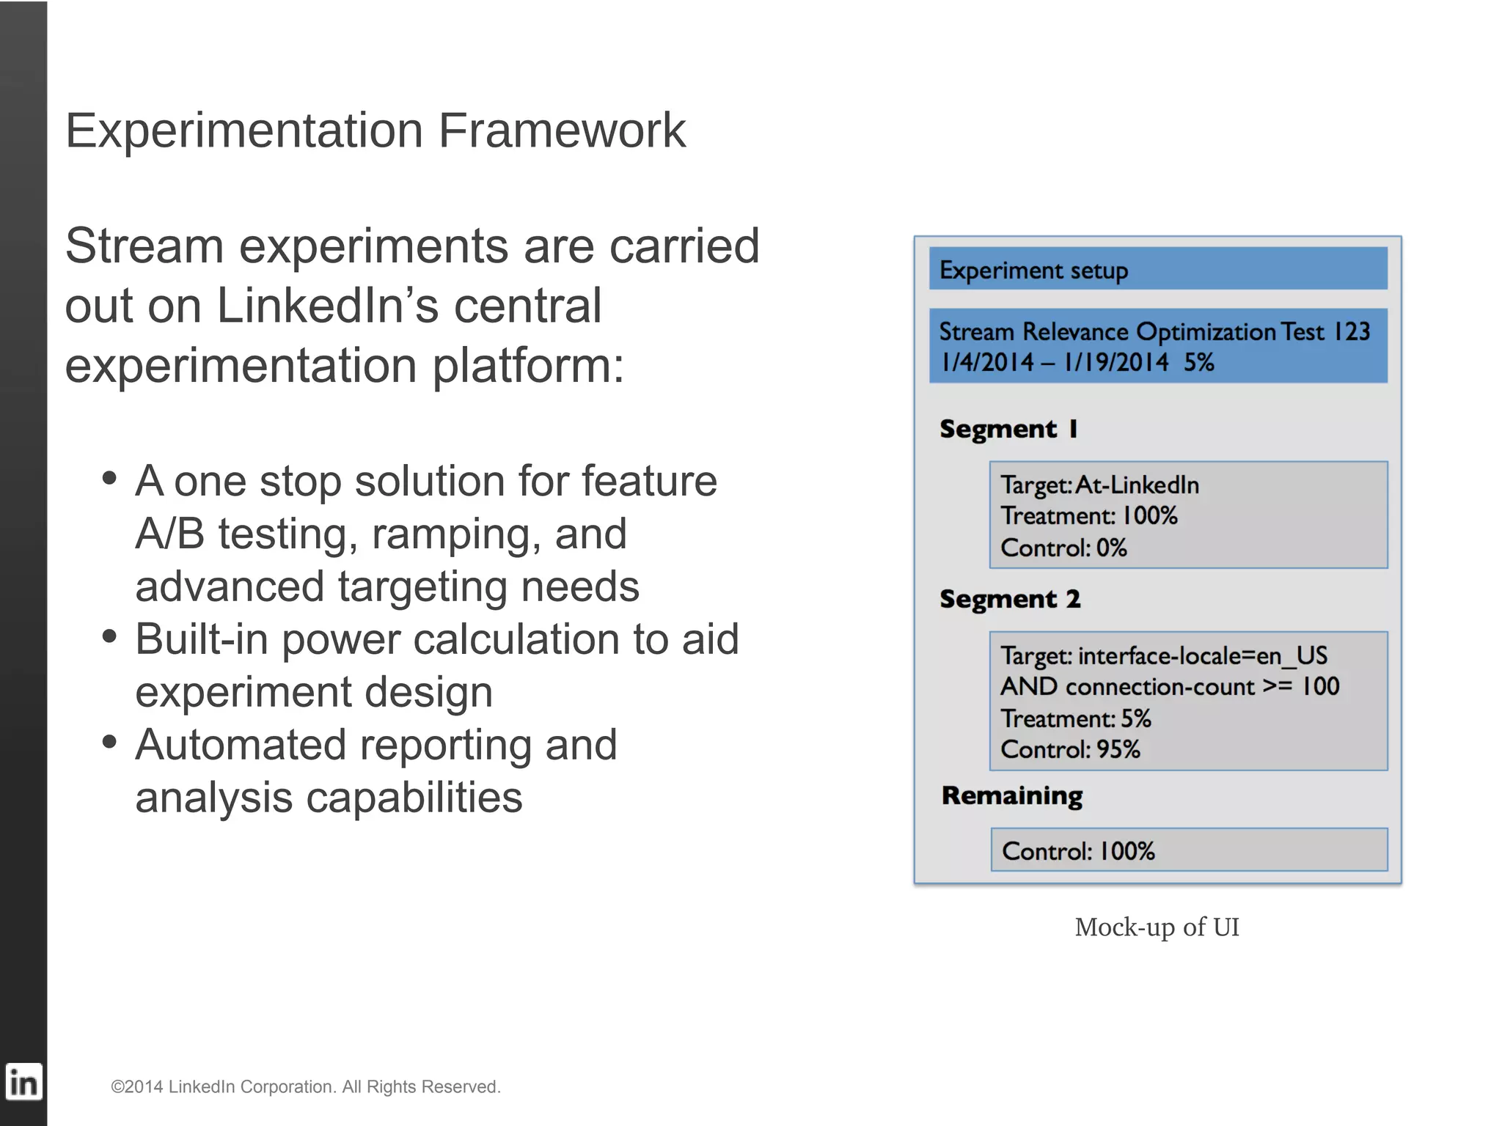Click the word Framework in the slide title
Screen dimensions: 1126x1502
point(562,131)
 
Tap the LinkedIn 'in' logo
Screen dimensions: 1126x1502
point(23,1082)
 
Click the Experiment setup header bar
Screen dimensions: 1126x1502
point(1157,269)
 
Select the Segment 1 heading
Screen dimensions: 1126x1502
point(1008,429)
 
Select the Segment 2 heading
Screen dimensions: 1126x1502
point(1010,599)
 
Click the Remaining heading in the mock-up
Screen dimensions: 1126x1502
point(1012,796)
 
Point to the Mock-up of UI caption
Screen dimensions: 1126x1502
point(1157,927)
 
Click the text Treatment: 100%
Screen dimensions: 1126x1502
point(1089,516)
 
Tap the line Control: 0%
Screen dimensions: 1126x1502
point(1063,548)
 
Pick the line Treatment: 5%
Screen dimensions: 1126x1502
point(1076,718)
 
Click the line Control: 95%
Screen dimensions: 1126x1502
point(1071,750)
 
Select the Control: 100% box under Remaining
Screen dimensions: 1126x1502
point(1188,850)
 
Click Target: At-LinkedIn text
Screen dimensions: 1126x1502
point(1100,485)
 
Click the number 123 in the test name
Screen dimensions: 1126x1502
point(1351,331)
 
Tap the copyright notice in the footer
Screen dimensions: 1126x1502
point(305,1086)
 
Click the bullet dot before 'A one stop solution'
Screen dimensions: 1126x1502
point(110,479)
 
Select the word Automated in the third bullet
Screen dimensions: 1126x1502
point(240,745)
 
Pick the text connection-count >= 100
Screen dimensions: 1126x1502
point(1202,687)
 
